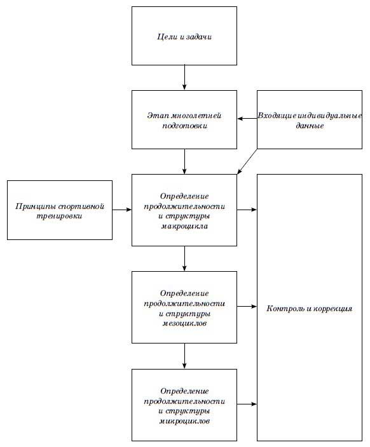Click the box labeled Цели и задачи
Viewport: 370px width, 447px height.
coord(184,36)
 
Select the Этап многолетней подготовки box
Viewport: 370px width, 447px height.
coord(184,120)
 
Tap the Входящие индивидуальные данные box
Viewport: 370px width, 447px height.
coord(310,120)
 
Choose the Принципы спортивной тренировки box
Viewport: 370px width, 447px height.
coord(60,210)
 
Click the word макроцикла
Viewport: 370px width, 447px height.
coord(184,226)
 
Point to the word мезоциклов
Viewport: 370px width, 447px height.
coord(184,324)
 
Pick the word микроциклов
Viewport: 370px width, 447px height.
coord(184,421)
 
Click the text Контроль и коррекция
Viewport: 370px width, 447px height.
coord(309,309)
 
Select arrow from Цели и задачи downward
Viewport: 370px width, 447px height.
coord(184,77)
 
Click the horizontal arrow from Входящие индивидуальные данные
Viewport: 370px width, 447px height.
coord(247,119)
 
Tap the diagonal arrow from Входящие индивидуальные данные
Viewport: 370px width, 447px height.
coord(247,161)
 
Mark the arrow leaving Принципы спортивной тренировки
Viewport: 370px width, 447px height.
coord(122,210)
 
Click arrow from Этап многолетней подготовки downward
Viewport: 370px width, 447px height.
coord(184,161)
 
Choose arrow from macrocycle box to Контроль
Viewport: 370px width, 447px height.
coord(247,210)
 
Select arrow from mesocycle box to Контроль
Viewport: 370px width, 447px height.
coord(247,307)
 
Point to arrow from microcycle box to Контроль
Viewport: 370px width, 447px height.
coord(247,404)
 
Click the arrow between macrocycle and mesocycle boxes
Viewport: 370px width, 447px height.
coord(184,258)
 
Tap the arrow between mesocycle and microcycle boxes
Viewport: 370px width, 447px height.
coord(184,356)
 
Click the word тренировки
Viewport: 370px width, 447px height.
coord(59,216)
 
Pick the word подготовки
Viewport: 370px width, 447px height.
coord(185,126)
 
